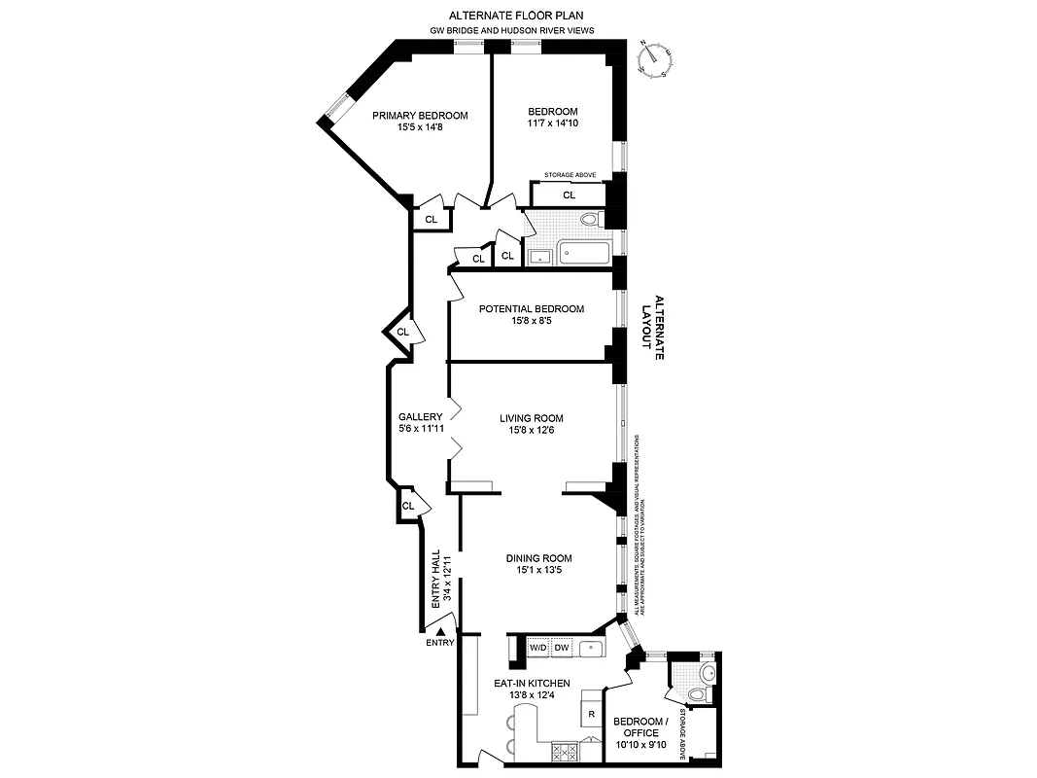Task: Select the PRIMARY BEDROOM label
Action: pyautogui.click(x=420, y=116)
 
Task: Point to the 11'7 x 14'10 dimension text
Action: pyautogui.click(x=553, y=124)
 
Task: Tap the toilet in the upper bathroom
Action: pyautogui.click(x=590, y=220)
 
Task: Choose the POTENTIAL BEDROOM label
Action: pyautogui.click(x=532, y=309)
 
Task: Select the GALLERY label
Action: pyautogui.click(x=420, y=417)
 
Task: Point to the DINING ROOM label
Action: pyautogui.click(x=538, y=558)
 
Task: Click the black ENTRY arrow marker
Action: pyautogui.click(x=439, y=631)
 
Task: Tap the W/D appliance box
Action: pyautogui.click(x=537, y=648)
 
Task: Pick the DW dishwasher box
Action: pyautogui.click(x=562, y=648)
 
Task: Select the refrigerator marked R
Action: pyautogui.click(x=590, y=715)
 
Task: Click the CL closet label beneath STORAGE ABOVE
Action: pyautogui.click(x=569, y=195)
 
